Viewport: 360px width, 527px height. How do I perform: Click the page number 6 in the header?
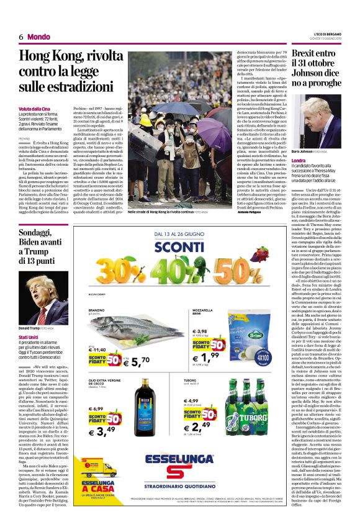[21, 37]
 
